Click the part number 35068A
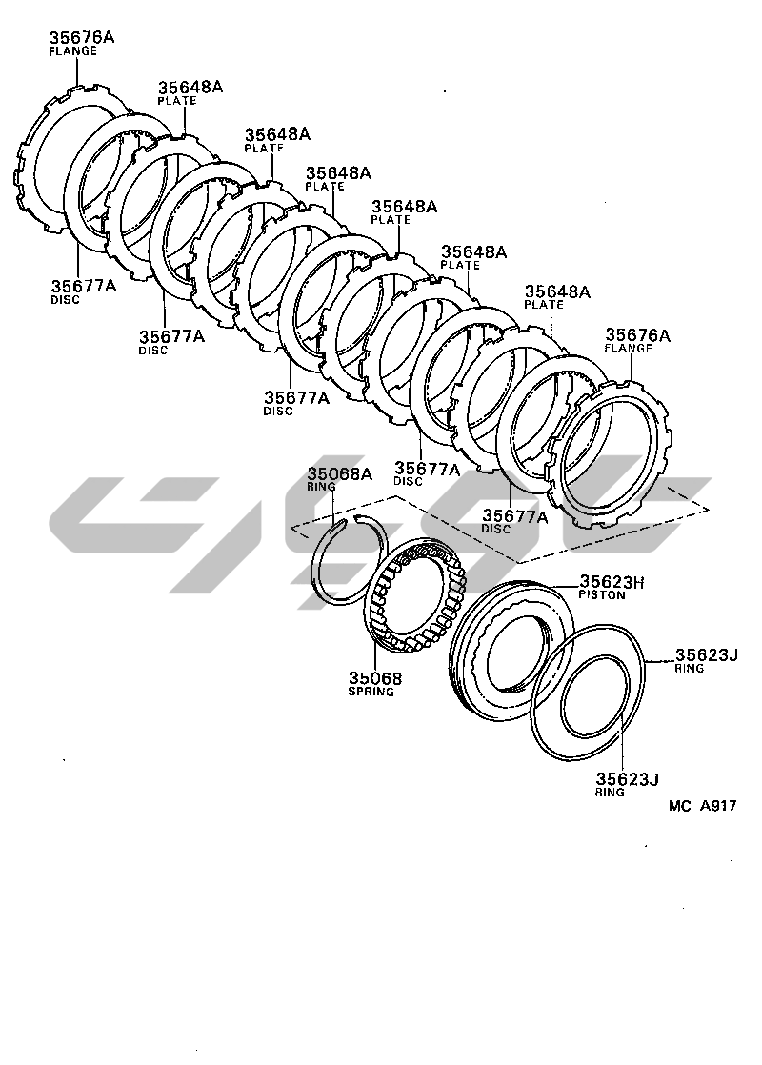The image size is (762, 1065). point(340,474)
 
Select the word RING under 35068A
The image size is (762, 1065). point(321,487)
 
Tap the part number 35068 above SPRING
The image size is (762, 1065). point(375,678)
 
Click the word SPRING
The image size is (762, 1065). point(371,692)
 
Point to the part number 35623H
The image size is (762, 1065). point(612,581)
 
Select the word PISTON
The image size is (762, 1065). point(602,595)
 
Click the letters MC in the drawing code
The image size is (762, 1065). point(680,806)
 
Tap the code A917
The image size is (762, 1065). point(718,806)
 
